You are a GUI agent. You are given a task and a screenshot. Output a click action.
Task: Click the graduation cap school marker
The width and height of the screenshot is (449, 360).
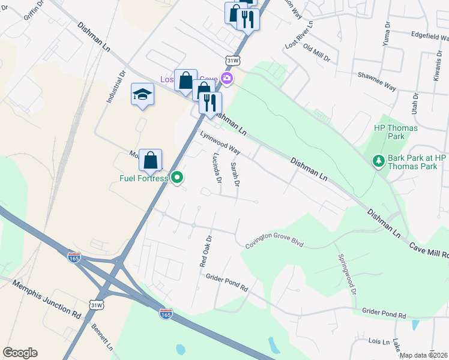143,95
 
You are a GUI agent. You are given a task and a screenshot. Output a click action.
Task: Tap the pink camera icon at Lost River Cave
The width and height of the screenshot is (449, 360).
227,78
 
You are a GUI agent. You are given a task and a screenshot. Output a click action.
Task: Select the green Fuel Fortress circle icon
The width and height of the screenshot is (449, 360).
177,178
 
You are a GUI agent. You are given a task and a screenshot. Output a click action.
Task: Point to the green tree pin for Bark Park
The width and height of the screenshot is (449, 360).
379,161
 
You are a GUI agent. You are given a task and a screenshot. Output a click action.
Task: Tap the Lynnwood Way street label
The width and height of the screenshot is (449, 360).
220,143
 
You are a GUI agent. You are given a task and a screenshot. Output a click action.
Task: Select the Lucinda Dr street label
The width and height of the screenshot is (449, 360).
217,167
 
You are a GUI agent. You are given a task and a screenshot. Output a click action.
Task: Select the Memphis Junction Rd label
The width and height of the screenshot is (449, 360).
46,300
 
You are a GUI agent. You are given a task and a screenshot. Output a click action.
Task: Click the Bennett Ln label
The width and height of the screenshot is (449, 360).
102,337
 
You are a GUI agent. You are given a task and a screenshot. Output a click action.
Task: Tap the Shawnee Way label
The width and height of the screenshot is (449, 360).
376,81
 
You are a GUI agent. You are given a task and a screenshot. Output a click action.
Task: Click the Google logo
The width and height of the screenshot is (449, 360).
20,353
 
